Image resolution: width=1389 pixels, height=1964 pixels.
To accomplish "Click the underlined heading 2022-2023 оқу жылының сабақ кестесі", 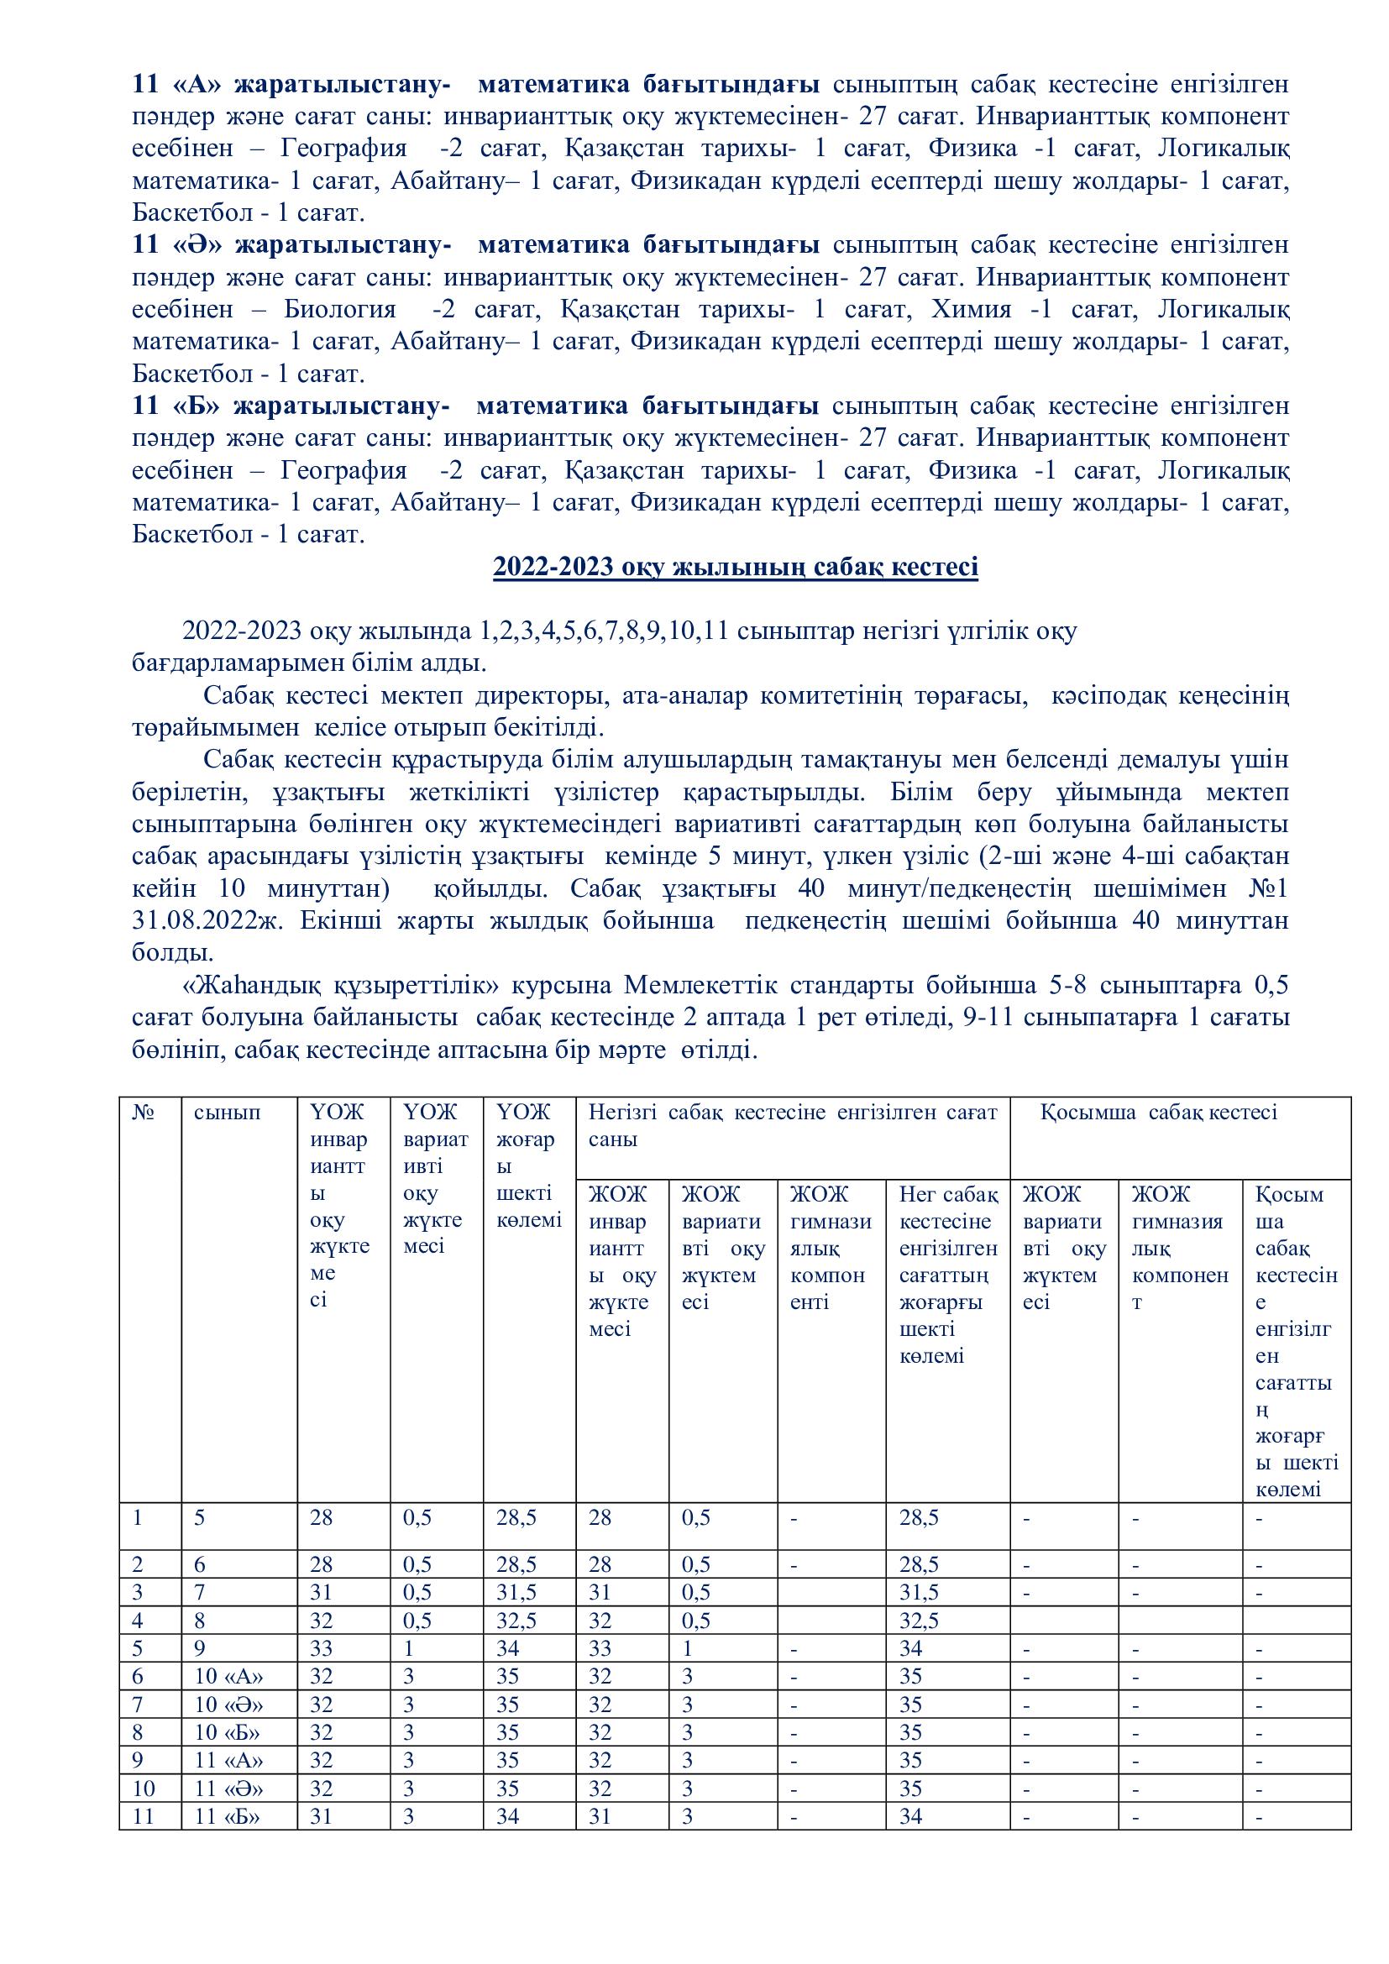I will pos(735,568).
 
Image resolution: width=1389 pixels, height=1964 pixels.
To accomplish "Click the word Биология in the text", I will pos(339,310).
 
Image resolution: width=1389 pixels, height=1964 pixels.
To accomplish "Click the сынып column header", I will pos(228,1112).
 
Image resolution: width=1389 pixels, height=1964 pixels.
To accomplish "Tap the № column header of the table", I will pos(144,1112).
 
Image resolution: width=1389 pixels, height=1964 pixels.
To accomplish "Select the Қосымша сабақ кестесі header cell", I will pos(1159,1112).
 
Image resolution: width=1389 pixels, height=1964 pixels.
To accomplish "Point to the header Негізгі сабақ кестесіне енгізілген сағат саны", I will pos(792,1125).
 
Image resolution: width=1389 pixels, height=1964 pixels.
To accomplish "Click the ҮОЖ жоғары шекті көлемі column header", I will pos(527,1165).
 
